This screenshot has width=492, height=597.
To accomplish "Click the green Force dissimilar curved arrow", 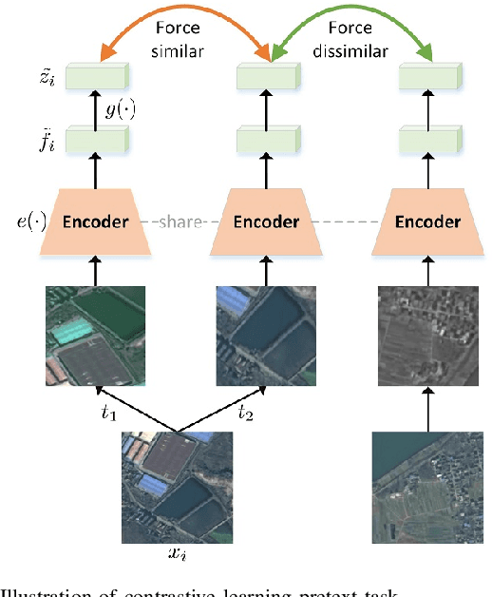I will click(x=350, y=22).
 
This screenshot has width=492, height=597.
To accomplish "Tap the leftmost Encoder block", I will click(x=95, y=222).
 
